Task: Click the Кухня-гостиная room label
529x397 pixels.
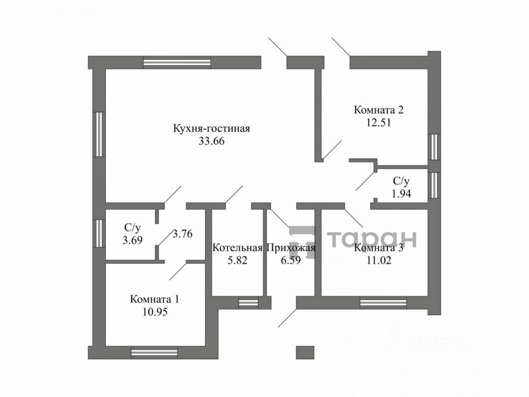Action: point(212,129)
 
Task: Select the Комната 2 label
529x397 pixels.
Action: point(379,110)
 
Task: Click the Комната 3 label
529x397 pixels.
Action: point(379,248)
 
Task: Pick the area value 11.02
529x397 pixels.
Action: point(379,260)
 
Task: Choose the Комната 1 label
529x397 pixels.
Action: point(155,299)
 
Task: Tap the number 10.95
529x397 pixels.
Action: point(155,311)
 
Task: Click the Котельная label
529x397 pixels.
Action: point(238,248)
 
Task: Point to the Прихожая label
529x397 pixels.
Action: point(291,248)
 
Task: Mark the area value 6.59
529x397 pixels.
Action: point(291,260)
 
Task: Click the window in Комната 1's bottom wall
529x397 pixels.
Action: point(154,352)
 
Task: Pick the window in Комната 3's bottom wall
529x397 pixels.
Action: point(383,303)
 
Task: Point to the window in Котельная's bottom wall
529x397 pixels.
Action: point(248,303)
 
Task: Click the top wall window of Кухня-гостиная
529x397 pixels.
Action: point(177,62)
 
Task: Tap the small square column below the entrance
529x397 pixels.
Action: point(305,352)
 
